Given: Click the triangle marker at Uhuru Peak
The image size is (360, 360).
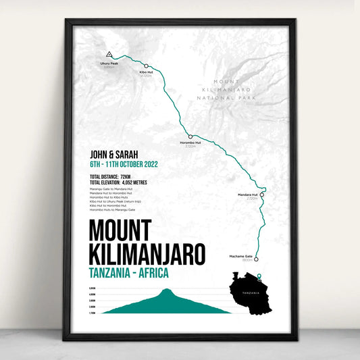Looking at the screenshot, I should (108, 54).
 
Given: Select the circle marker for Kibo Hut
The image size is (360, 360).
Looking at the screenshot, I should (147, 66).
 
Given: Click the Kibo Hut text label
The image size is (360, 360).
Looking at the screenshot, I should (147, 72).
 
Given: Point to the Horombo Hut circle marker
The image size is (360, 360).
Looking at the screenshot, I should (190, 136).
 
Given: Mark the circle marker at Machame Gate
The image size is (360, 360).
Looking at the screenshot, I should (257, 258).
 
